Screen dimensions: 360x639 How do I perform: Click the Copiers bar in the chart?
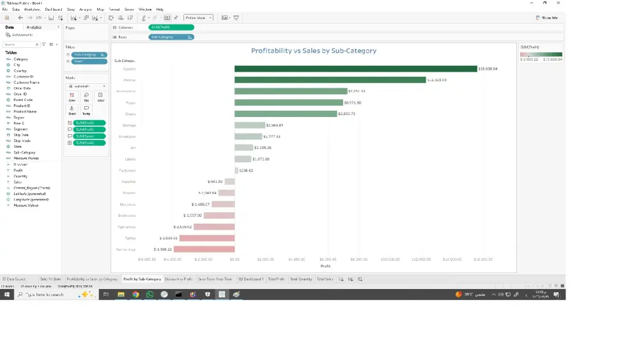(x=356, y=68)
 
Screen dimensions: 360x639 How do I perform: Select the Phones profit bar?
(x=330, y=80)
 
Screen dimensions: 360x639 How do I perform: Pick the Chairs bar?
(x=285, y=114)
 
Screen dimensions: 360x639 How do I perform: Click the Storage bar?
(x=249, y=125)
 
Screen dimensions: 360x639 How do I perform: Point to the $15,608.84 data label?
(x=488, y=68)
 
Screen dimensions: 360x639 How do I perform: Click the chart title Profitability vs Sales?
(x=313, y=51)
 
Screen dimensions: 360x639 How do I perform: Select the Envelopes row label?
(x=127, y=137)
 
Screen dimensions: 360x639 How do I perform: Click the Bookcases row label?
(x=127, y=215)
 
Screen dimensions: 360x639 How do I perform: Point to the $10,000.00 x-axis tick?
(x=390, y=260)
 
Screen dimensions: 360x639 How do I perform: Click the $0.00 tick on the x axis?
(x=235, y=260)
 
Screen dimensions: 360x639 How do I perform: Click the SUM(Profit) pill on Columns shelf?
(x=171, y=27)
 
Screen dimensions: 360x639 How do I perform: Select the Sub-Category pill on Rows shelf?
(x=171, y=37)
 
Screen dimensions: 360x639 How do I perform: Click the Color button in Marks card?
(x=72, y=97)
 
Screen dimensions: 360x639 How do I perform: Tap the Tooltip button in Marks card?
(x=86, y=110)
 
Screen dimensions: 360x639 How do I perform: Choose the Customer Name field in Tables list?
(x=26, y=82)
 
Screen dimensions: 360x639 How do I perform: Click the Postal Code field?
(x=23, y=100)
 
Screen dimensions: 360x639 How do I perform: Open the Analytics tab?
(x=34, y=27)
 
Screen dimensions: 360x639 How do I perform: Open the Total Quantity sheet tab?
(x=301, y=279)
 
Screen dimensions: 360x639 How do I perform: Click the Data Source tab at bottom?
(x=15, y=279)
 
